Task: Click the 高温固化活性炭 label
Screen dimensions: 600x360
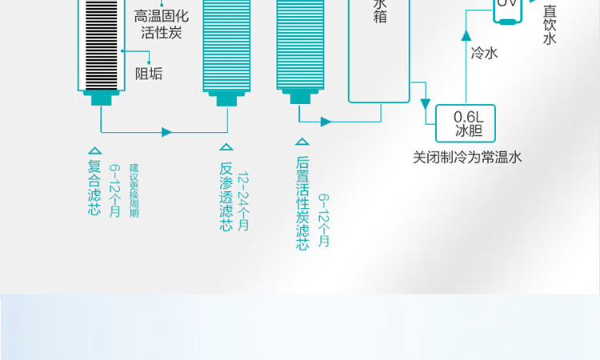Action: point(162,24)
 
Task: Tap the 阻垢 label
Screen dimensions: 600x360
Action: point(149,74)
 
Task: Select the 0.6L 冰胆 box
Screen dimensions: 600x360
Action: point(464,122)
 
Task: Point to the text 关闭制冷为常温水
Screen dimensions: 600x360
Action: point(467,158)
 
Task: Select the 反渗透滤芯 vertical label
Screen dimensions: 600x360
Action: point(226,198)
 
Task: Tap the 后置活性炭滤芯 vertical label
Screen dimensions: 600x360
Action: point(302,203)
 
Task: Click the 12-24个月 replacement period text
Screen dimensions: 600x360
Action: point(243,201)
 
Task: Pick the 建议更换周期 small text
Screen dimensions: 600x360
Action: point(134,190)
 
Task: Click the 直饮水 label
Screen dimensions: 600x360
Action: point(549,25)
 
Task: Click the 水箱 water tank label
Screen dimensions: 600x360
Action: point(380,11)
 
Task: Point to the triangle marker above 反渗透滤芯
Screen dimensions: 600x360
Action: point(226,146)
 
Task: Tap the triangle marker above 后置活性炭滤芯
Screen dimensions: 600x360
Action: point(302,141)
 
